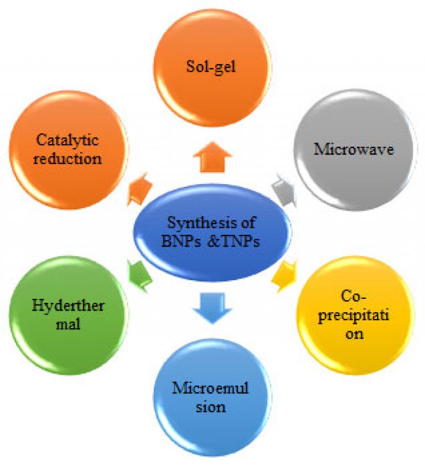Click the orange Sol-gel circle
click(212, 67)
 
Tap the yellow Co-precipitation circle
click(355, 315)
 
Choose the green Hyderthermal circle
click(68, 315)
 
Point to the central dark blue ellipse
click(212, 232)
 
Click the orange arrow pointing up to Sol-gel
click(212, 158)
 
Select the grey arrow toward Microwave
click(284, 191)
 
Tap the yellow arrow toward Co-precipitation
click(284, 275)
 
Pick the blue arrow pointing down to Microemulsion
click(212, 308)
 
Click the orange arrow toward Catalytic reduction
click(139, 190)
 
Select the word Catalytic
click(68, 140)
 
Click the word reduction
click(68, 159)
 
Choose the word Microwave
click(354, 149)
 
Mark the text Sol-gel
click(211, 67)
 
